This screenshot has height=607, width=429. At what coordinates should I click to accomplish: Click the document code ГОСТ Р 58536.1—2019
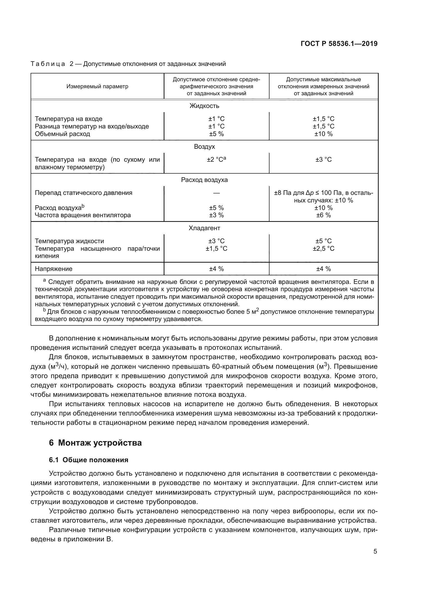339,44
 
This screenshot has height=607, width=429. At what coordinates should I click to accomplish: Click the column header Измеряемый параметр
97,86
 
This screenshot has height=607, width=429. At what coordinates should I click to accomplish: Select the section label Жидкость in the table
204,106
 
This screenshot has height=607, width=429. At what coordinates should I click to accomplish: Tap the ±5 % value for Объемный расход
216,134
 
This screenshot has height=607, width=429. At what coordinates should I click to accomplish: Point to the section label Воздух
204,146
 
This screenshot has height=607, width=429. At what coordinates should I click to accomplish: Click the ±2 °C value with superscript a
216,159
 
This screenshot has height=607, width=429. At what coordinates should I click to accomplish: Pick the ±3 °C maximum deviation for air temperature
323,159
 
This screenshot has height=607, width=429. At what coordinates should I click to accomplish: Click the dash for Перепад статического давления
216,193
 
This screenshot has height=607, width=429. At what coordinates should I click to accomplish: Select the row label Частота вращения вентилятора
83,215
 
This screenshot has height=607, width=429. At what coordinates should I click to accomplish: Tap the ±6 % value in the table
323,215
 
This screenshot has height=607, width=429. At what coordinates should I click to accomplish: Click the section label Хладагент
204,228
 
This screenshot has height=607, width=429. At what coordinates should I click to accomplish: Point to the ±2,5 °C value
323,249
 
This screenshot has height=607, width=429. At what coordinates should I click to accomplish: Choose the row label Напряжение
54,269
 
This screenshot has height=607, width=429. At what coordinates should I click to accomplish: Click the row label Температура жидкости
70,241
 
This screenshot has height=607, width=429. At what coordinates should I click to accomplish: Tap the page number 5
375,551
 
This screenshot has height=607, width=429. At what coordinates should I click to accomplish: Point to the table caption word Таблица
48,64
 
